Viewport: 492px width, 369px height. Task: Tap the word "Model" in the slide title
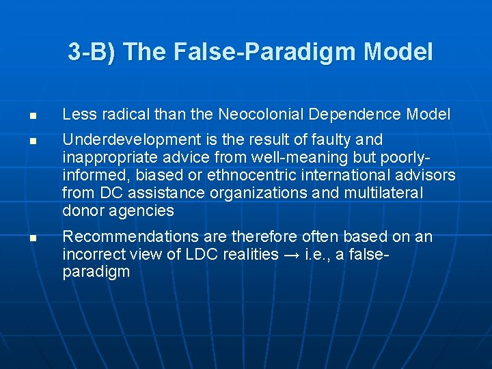point(398,52)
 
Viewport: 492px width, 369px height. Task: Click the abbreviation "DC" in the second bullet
point(105,193)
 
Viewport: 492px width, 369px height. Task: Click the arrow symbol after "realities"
point(294,255)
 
